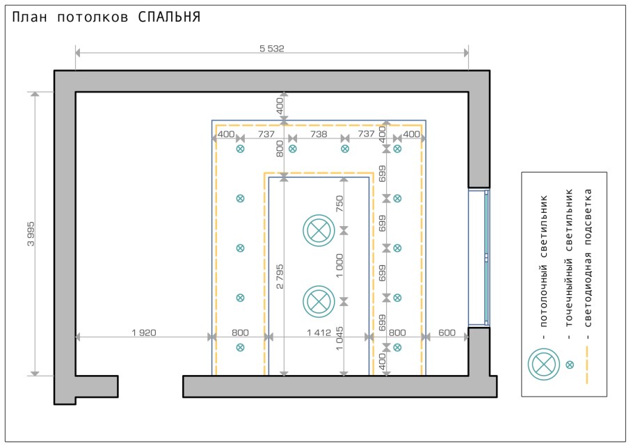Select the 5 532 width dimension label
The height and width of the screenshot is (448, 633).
coord(272,49)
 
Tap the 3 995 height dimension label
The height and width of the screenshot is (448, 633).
coord(31,235)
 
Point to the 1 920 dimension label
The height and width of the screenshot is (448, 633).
coord(143,333)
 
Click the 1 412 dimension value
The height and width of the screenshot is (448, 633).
coord(319,333)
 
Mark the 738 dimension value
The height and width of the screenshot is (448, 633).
coord(319,134)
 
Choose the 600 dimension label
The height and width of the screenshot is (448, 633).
coord(447,333)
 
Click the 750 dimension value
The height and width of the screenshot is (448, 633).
coord(339,203)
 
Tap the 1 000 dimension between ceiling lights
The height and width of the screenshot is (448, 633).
coord(339,264)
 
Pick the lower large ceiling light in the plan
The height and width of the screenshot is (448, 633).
coord(319,301)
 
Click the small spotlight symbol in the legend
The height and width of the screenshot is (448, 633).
coord(570,364)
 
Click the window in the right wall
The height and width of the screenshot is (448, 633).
coord(479,257)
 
